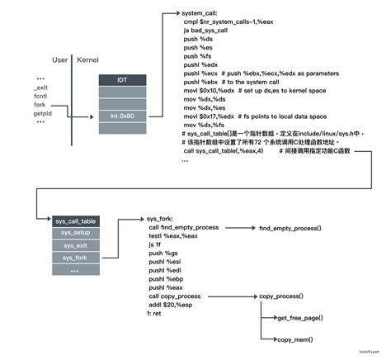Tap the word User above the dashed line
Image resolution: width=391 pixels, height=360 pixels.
click(60, 60)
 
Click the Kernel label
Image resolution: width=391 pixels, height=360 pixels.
click(87, 60)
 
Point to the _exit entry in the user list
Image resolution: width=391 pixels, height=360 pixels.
click(41, 87)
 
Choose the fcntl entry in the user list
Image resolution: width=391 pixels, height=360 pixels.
click(41, 96)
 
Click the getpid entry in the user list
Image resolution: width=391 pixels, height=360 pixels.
click(44, 113)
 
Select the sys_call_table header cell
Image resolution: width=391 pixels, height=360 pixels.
click(76, 221)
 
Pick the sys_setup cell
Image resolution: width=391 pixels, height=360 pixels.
click(76, 233)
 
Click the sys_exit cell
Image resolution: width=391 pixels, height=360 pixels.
click(76, 245)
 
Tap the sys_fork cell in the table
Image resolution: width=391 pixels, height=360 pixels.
click(76, 258)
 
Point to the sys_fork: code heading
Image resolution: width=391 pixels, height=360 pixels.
click(161, 219)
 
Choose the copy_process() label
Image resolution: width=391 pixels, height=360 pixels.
click(281, 296)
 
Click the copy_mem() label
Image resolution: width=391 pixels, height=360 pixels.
click(294, 339)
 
